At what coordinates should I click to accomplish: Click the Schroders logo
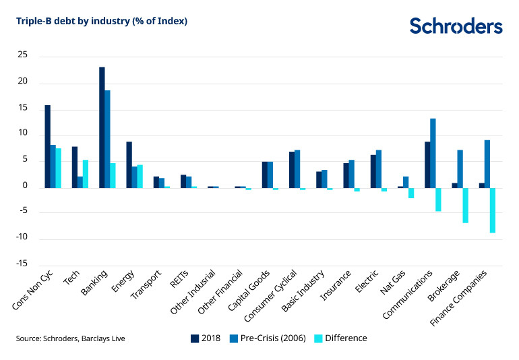pos(456,26)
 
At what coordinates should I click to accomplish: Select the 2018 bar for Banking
pos(102,127)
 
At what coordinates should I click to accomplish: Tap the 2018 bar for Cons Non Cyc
pos(48,146)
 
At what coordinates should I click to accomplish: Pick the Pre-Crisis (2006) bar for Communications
pos(433,153)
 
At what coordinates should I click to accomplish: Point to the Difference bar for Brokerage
pos(465,205)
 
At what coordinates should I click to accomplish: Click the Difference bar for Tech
pos(86,173)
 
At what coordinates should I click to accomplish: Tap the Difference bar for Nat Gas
pos(411,193)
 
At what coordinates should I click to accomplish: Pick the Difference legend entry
pos(340,338)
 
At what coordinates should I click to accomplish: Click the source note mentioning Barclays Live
pos(71,338)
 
